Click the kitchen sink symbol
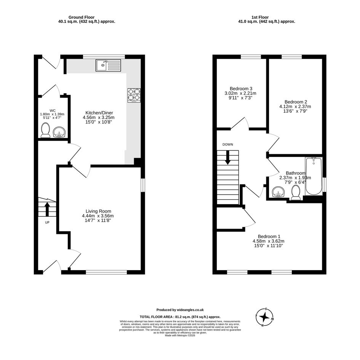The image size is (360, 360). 108,65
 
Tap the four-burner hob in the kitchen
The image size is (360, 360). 134,95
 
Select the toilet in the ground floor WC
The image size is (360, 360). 45,130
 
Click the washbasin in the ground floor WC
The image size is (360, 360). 59,132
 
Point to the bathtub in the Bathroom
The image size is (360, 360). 314,176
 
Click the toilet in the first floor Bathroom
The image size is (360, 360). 296,193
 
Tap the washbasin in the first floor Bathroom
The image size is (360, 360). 278,192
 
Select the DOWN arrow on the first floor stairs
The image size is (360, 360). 227,157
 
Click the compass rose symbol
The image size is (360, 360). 265,317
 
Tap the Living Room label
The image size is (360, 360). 98,211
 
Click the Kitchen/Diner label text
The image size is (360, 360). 99,113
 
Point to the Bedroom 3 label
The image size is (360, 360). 241,89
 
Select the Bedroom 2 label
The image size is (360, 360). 296,102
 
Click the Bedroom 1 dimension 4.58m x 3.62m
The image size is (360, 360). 269,241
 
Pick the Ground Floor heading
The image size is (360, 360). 82,17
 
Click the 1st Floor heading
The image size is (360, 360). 260,17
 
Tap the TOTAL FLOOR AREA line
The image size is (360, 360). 180,317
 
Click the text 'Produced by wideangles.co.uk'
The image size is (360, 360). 180,310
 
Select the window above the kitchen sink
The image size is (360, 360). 104,57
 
